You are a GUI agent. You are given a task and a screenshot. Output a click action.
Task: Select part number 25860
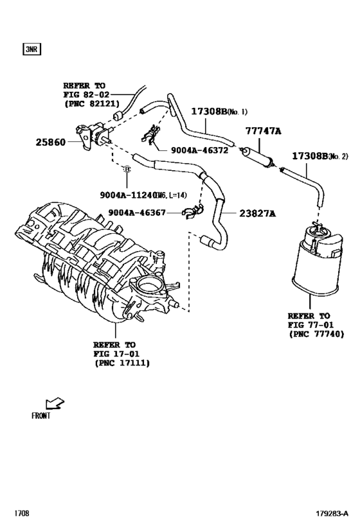pyautogui.click(x=50, y=141)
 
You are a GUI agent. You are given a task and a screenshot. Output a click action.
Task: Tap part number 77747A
pyautogui.click(x=264, y=130)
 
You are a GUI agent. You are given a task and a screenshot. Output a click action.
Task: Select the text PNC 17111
pyautogui.click(x=122, y=363)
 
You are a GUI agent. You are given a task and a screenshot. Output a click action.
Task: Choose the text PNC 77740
pyautogui.click(x=316, y=334)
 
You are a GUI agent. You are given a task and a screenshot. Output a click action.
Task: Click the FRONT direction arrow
pyautogui.click(x=57, y=403)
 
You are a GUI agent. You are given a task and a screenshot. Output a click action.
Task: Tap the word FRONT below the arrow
pyautogui.click(x=40, y=415)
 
